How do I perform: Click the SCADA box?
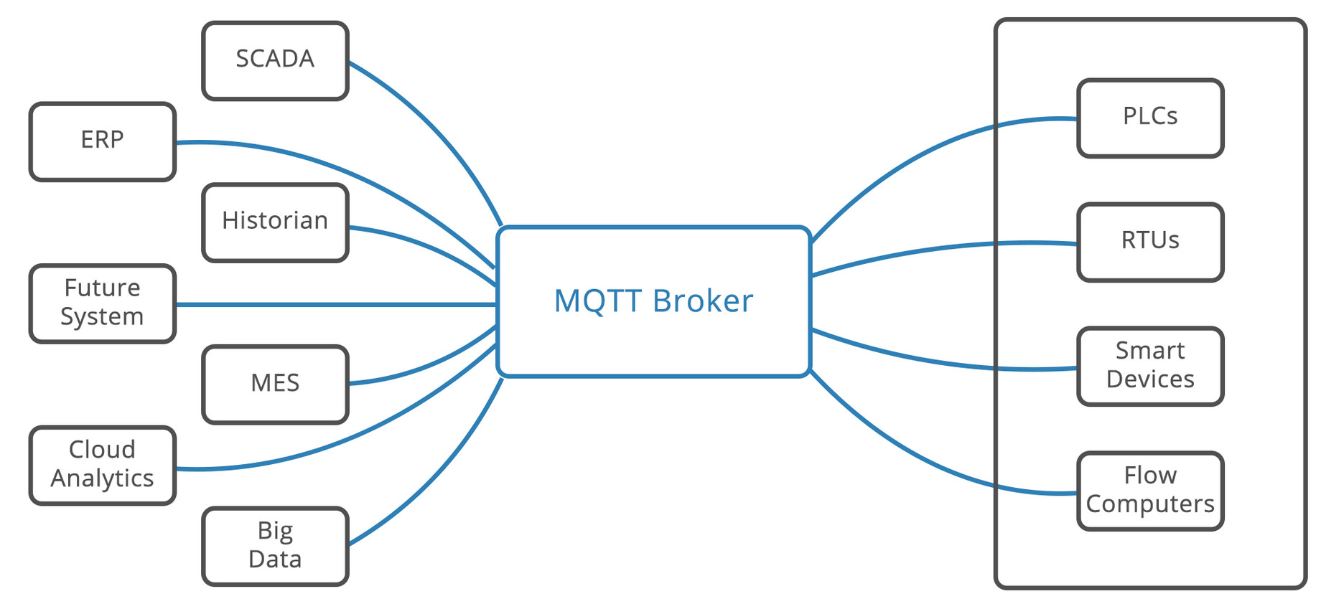[x=275, y=60]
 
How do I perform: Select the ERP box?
[x=103, y=141]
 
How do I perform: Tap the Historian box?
[x=275, y=222]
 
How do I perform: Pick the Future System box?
[x=103, y=303]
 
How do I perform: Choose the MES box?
[x=275, y=384]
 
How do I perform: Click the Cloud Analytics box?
[x=103, y=466]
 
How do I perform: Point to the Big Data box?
[x=275, y=547]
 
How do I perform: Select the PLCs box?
[x=1150, y=118]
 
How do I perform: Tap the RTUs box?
[x=1150, y=242]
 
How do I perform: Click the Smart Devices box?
[x=1150, y=366]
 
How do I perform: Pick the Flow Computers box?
[x=1150, y=491]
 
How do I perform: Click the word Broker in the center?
[x=703, y=301]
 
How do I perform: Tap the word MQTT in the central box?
[x=597, y=301]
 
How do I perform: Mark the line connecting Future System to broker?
[x=336, y=304]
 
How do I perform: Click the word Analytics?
[x=103, y=478]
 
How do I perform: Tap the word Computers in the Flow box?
[x=1150, y=504]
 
